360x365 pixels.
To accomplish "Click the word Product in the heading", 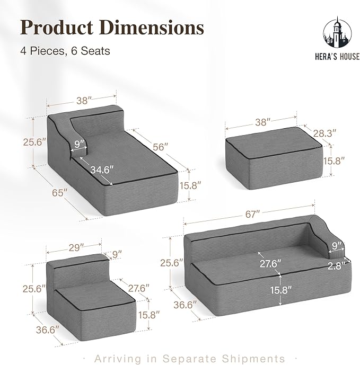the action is pyautogui.click(x=57, y=28).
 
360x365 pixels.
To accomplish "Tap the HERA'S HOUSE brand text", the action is pyautogui.click(x=337, y=57).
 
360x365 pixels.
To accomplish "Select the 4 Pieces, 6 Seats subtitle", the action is pyautogui.click(x=65, y=51).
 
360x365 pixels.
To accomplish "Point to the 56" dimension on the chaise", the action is pyautogui.click(x=160, y=147).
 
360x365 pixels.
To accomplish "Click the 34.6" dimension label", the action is pyautogui.click(x=102, y=170).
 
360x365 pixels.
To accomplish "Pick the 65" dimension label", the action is pyautogui.click(x=60, y=193).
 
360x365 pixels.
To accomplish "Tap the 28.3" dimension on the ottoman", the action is pyautogui.click(x=324, y=133).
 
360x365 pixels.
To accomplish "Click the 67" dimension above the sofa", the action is pyautogui.click(x=252, y=214).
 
